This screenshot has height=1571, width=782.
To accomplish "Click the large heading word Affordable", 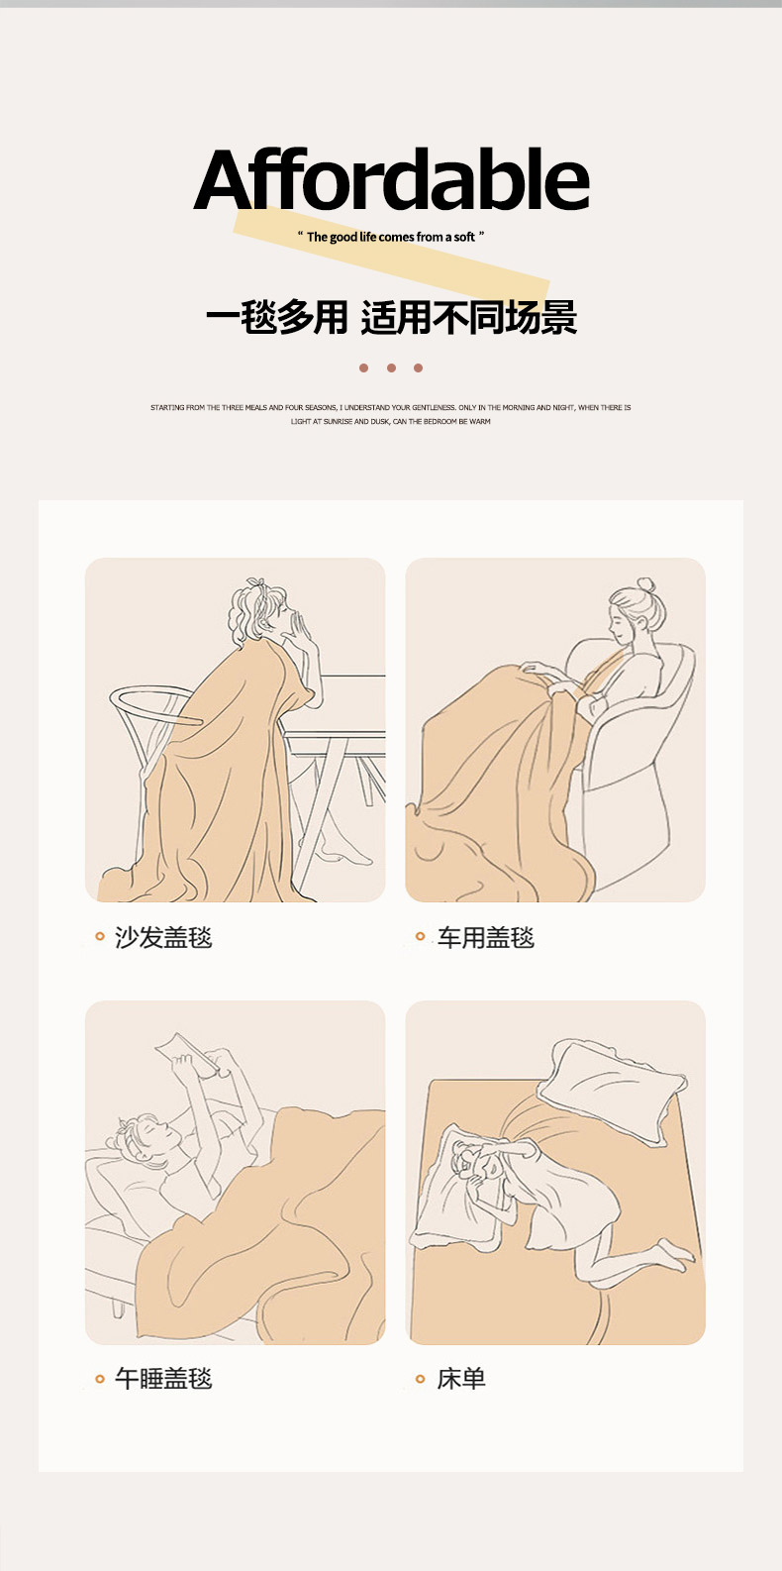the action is [x=391, y=179].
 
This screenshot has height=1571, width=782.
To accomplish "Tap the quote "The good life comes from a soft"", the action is [x=391, y=237].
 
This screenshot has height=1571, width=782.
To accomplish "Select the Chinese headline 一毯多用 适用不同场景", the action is [x=391, y=317].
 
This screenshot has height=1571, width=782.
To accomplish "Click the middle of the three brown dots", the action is [x=391, y=368].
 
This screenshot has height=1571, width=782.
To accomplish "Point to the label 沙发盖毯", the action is [x=163, y=937].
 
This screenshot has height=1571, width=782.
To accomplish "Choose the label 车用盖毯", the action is [x=486, y=937].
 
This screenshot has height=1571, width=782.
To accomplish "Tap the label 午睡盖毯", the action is [x=163, y=1379].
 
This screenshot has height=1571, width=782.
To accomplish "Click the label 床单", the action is [x=461, y=1379].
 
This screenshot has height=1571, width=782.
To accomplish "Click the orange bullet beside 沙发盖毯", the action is [x=100, y=936].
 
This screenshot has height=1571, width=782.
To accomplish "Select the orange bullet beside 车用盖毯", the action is [x=421, y=936].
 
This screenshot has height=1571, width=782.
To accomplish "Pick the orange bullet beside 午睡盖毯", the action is [x=100, y=1380].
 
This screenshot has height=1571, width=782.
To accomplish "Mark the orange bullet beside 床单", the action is [x=421, y=1380].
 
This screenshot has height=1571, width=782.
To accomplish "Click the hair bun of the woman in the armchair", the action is [x=646, y=585].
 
